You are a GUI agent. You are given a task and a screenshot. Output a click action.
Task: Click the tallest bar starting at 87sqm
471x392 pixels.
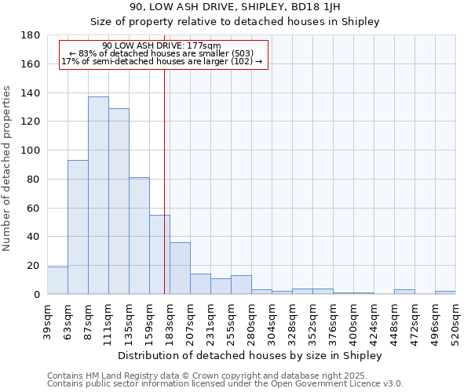click(x=98, y=196)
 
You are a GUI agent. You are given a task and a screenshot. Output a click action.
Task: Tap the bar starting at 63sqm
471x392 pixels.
click(x=78, y=227)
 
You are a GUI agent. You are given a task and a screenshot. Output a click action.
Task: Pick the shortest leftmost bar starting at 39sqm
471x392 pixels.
click(x=57, y=281)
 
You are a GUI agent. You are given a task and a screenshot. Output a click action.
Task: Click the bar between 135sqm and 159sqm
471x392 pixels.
click(x=139, y=235)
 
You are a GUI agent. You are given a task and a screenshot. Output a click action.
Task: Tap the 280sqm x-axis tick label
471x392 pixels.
click(x=251, y=320)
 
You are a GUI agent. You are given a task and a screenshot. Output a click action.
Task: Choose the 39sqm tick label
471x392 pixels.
click(x=47, y=318)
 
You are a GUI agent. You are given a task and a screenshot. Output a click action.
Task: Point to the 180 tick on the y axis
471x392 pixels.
click(x=31, y=35)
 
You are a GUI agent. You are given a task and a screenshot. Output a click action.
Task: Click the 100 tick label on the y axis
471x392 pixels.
click(x=31, y=151)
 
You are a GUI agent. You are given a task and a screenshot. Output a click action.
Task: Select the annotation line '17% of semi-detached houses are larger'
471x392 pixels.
click(x=161, y=61)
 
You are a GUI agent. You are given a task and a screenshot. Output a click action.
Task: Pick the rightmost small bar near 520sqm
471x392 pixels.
click(x=444, y=292)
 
